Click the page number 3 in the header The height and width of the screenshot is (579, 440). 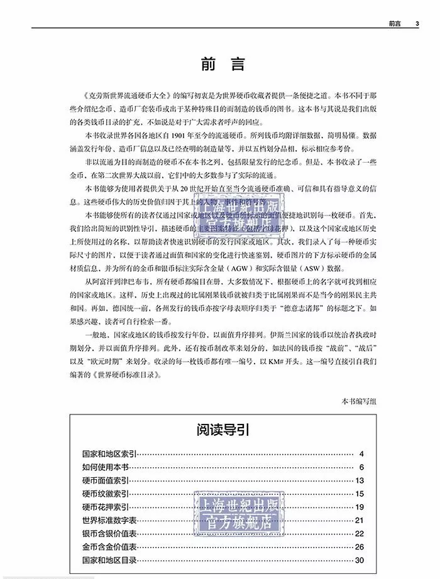[417, 24]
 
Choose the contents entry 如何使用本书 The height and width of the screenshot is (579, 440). [104, 467]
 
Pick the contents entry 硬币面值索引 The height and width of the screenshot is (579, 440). [104, 480]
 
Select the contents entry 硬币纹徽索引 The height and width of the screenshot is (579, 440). [104, 494]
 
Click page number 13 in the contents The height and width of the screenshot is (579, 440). [359, 480]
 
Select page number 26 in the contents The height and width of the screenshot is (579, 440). [359, 547]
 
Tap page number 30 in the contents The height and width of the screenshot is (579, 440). [359, 560]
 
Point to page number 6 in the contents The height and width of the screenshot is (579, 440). [361, 467]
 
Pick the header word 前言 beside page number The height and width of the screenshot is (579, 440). [395, 24]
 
